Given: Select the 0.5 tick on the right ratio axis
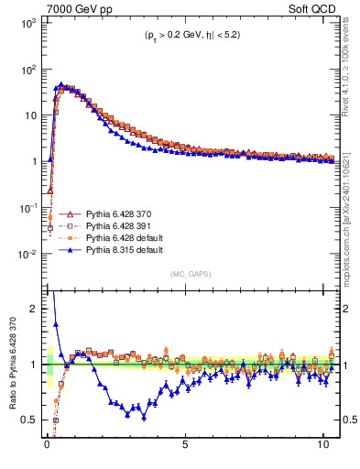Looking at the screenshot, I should [x=348, y=420].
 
